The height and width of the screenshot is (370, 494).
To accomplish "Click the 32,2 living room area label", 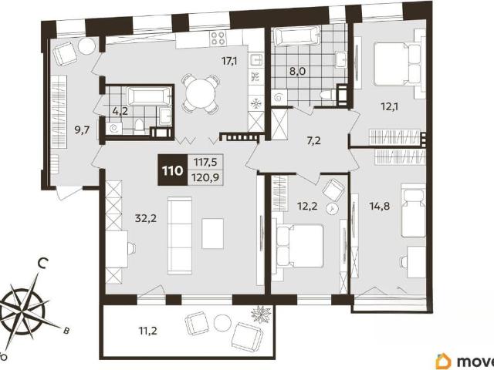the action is point(146,217).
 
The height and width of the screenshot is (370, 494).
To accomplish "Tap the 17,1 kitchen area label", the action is point(229,61).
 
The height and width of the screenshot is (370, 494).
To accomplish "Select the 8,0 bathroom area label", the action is point(298,71).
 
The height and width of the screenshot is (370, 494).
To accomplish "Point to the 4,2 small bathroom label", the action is point(120,111).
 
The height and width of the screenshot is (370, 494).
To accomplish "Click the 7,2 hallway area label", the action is point(314,140).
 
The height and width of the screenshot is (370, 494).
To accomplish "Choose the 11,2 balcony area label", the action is point(147,331).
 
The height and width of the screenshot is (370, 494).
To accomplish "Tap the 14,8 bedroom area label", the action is point(380,206).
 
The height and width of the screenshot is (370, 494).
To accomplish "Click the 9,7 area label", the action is point(83,129).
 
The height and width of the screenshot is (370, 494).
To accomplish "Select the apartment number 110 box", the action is point(172,170).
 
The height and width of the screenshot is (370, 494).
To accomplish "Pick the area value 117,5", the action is point(205,163).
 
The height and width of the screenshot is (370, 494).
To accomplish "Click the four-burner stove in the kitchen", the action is point(218,38).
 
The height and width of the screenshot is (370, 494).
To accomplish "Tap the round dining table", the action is point(201,92).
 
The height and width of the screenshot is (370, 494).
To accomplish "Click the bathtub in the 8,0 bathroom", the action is point(297,36).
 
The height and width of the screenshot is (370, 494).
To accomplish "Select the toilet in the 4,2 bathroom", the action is point(139,124).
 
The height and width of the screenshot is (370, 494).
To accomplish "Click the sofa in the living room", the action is point(180,235).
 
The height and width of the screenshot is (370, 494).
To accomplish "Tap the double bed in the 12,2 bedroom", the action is point(300,245).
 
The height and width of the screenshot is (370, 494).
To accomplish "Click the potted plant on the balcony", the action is point(261,314).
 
